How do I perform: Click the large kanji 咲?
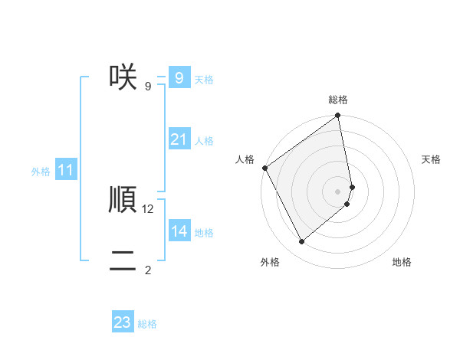pyautogui.click(x=123, y=77)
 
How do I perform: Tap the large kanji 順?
pyautogui.click(x=123, y=199)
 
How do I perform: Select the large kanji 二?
pyautogui.click(x=123, y=260)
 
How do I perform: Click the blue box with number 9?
pyautogui.click(x=179, y=78)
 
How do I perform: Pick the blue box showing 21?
pyautogui.click(x=179, y=139)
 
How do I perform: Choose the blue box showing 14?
pyautogui.click(x=179, y=231)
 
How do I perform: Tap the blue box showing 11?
pyautogui.click(x=65, y=170)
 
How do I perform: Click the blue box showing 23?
pyautogui.click(x=123, y=322)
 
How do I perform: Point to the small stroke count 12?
pyautogui.click(x=148, y=208)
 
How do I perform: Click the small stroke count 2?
pyautogui.click(x=148, y=270)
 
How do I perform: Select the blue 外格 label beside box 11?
pyautogui.click(x=41, y=172)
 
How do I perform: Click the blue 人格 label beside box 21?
pyautogui.click(x=204, y=141)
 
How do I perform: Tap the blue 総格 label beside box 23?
pyautogui.click(x=147, y=324)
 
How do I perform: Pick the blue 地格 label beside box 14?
pyautogui.click(x=204, y=233)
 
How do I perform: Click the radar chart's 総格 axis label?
pyautogui.click(x=338, y=100)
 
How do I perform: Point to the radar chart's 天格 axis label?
pyautogui.click(x=432, y=159)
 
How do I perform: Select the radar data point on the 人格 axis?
pyautogui.click(x=264, y=168)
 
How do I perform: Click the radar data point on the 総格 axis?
pyautogui.click(x=338, y=116)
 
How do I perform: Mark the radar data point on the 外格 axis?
pyautogui.click(x=301, y=241)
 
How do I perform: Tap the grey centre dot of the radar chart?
pyautogui.click(x=338, y=191)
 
